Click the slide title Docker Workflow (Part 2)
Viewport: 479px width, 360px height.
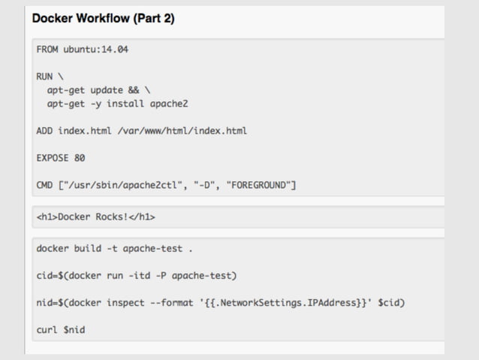pos(104,19)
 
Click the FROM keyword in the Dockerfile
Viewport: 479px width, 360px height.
pos(47,50)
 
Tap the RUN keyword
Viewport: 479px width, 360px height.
pos(44,77)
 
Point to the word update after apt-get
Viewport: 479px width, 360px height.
pos(107,90)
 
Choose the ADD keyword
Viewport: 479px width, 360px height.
pos(44,131)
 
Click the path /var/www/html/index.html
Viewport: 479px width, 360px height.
pos(182,131)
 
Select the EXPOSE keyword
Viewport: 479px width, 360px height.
pos(53,158)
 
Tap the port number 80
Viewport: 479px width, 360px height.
pos(80,158)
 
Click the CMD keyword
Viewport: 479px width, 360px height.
pos(44,185)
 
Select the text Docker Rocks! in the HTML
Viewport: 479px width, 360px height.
pos(94,218)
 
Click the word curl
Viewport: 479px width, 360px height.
pos(47,329)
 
